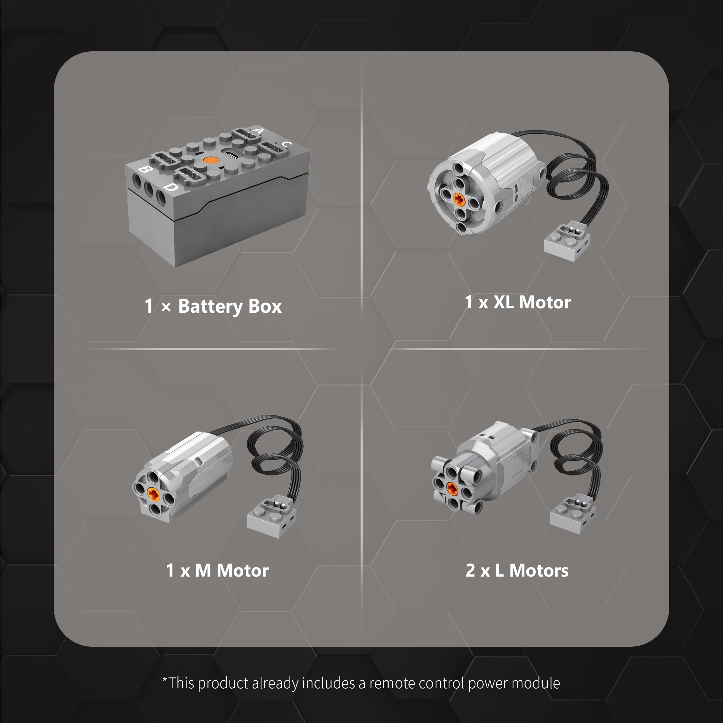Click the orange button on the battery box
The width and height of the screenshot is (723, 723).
pyautogui.click(x=211, y=160)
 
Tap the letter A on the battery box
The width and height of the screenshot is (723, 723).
pyautogui.click(x=258, y=131)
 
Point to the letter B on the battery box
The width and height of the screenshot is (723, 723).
pyautogui.click(x=145, y=170)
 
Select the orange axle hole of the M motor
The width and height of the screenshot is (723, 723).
pyautogui.click(x=153, y=494)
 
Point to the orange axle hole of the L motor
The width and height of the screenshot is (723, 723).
pyautogui.click(x=452, y=488)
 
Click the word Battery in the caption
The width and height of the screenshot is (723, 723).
pyautogui.click(x=211, y=307)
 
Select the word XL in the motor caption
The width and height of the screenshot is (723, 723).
pyautogui.click(x=503, y=302)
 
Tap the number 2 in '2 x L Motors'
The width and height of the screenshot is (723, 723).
pyautogui.click(x=470, y=570)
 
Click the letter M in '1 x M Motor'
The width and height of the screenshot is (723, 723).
pyautogui.click(x=203, y=570)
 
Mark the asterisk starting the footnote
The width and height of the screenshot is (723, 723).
pyautogui.click(x=164, y=679)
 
